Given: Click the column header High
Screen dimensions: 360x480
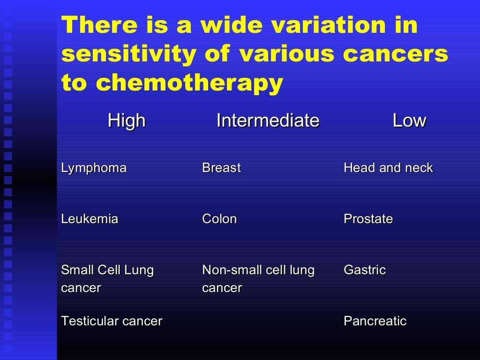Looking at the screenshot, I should tap(127, 121).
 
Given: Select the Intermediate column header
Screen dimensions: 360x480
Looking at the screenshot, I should tap(268, 121).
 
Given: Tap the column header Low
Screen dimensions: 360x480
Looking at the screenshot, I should tap(409, 121).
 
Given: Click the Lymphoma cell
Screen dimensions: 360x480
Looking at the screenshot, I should tap(94, 168).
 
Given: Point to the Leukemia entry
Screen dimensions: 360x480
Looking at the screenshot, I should tap(90, 219).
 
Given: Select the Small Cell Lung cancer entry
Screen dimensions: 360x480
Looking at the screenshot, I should tap(107, 278).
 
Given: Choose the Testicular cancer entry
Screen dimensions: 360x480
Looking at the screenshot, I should tap(112, 321).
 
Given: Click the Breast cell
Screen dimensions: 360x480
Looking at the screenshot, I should tap(221, 168).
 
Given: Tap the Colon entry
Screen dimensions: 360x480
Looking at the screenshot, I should tap(219, 219).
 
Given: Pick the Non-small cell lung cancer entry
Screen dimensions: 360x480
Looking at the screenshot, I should tap(258, 278).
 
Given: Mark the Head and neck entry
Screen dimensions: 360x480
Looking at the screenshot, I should tap(388, 168).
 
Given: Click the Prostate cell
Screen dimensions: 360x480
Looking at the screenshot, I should tap(368, 219).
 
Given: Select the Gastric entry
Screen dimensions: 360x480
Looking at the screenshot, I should tap(365, 270).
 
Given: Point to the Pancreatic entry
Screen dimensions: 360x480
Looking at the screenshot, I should tap(375, 321).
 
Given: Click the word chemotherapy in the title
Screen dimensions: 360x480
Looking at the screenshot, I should tap(189, 83).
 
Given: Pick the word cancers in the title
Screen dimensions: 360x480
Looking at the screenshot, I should tap(395, 54).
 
